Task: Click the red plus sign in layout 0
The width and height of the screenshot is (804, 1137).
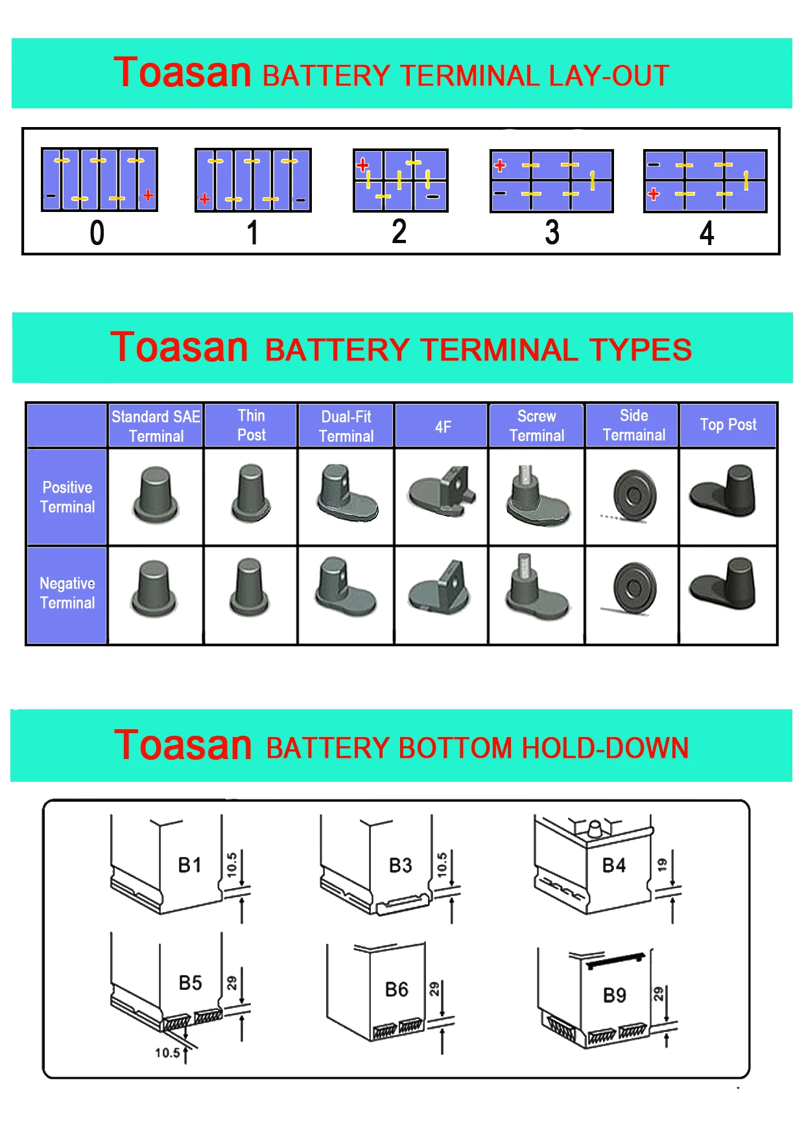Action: click(x=148, y=195)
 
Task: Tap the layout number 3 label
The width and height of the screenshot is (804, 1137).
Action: click(x=552, y=233)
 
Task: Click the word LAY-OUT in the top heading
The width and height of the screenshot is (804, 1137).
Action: click(x=608, y=76)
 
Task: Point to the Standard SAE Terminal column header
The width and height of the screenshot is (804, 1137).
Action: click(x=156, y=426)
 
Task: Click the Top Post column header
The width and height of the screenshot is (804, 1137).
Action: click(x=727, y=425)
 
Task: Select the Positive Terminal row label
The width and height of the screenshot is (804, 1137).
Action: click(x=67, y=497)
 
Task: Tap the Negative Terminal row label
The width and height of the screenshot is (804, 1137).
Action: click(x=67, y=593)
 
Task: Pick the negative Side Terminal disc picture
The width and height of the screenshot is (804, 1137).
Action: click(x=633, y=588)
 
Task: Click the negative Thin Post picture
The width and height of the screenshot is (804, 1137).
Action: click(x=250, y=587)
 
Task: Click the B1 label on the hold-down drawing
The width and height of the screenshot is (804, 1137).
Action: click(x=189, y=865)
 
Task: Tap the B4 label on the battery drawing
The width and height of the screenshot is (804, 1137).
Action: click(x=613, y=865)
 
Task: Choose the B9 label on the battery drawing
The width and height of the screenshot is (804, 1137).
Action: click(x=614, y=996)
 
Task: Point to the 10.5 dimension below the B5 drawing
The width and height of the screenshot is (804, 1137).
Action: click(x=167, y=1053)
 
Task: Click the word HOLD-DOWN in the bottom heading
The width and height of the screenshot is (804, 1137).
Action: click(x=606, y=749)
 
